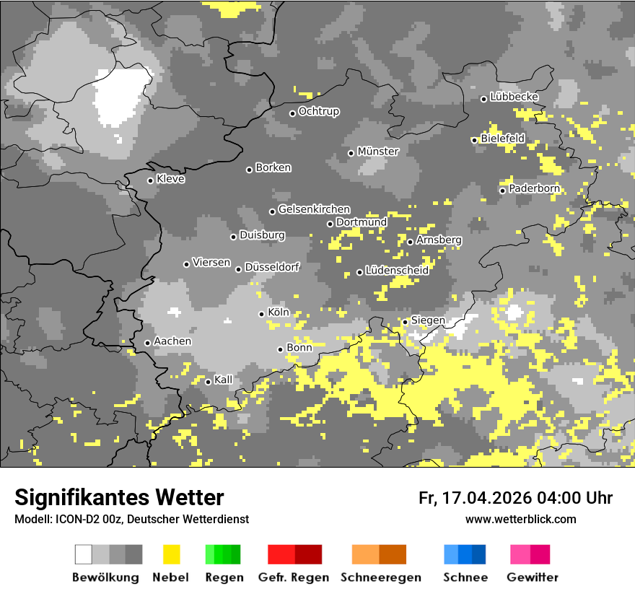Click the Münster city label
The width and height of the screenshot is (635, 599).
[378, 152]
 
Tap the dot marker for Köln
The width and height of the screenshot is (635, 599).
[262, 314]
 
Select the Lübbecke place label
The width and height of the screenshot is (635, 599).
[514, 97]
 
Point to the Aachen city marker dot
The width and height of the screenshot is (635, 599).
[147, 343]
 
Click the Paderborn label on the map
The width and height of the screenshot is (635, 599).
[534, 189]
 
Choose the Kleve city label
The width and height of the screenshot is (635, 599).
[170, 179]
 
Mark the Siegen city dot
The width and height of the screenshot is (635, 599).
[405, 322]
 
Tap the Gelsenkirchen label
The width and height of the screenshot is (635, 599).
[314, 209]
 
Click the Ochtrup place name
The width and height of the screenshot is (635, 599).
[318, 111]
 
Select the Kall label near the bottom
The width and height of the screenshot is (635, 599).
[223, 380]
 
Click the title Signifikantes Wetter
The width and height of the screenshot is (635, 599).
[119, 498]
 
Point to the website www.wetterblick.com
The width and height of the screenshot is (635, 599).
[520, 520]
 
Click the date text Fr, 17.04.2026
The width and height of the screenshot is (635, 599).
[473, 498]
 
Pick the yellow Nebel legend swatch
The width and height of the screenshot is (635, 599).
[171, 554]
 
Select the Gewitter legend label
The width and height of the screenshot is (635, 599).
[532, 577]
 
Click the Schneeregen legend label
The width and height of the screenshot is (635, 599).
[380, 577]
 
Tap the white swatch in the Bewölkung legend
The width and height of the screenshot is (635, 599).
[84, 554]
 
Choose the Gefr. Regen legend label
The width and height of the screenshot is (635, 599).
[294, 577]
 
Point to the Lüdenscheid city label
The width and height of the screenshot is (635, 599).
[397, 271]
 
